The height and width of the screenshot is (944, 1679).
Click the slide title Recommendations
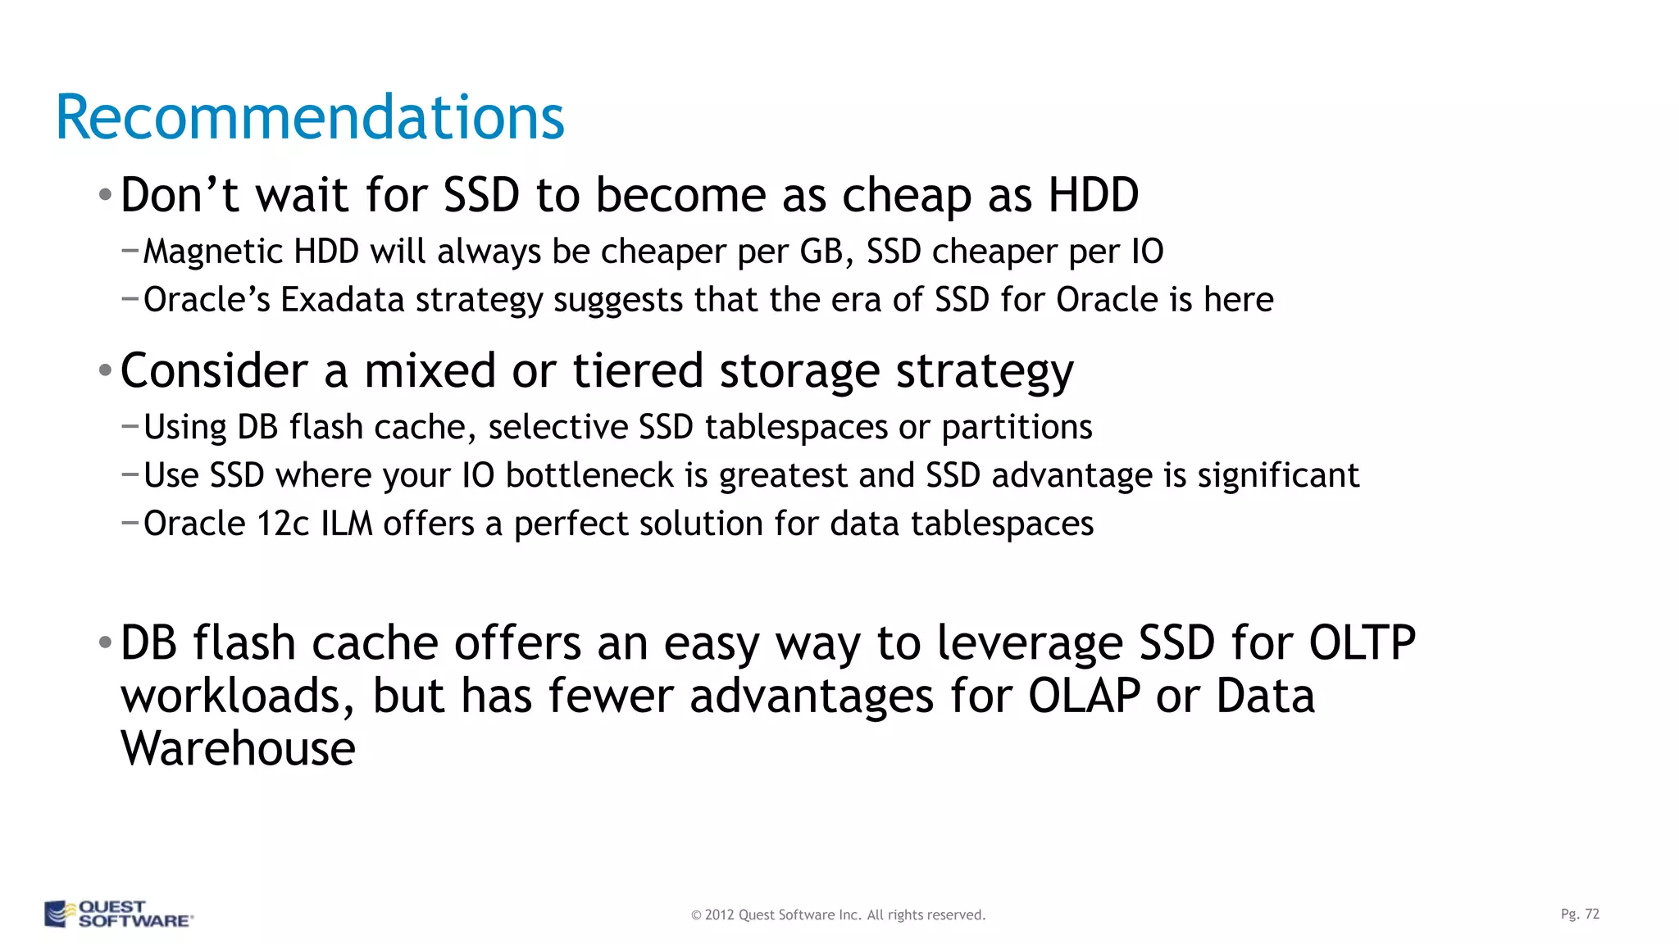point(309,117)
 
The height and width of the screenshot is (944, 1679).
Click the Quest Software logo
point(119,914)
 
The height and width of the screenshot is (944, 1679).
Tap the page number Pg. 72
point(1580,914)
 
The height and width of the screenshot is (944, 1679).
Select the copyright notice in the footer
point(838,914)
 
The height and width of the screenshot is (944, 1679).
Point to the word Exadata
point(343,300)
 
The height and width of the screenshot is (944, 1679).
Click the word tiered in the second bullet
point(637,370)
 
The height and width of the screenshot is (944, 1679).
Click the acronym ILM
point(347,524)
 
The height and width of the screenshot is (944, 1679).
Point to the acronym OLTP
point(1362,643)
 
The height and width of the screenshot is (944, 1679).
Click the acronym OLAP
point(1084,697)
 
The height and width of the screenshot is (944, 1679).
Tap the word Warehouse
point(238,749)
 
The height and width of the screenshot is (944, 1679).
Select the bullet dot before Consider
point(105,371)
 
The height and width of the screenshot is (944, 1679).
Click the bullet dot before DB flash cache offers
point(105,643)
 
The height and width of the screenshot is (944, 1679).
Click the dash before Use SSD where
point(130,474)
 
